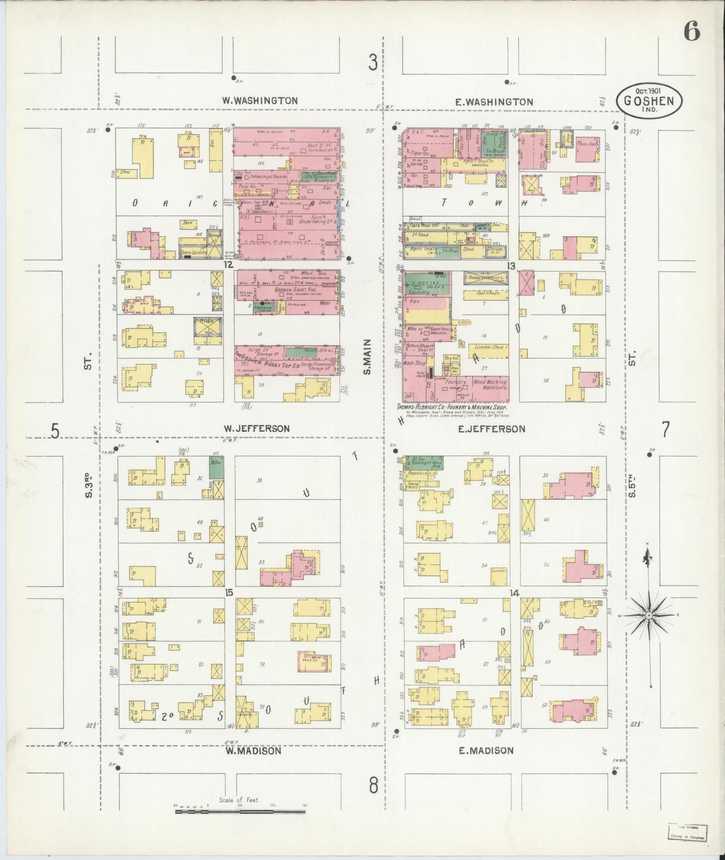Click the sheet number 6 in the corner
coord(691,33)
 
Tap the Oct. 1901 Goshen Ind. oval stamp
coord(649,101)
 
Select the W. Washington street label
coord(260,101)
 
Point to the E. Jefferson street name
coord(491,429)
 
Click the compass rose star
coord(649,615)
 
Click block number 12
coord(229,264)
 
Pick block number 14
coord(514,594)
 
